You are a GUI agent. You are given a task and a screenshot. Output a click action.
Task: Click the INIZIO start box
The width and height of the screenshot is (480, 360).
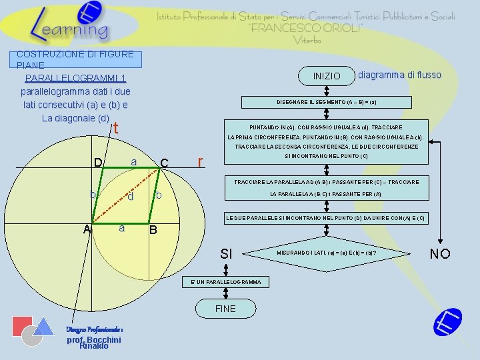click(x=327, y=77)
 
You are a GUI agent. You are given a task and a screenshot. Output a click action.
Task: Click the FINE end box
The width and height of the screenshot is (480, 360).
click(x=225, y=309)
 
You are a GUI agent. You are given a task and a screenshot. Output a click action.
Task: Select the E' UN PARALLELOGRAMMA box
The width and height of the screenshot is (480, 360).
click(x=225, y=282)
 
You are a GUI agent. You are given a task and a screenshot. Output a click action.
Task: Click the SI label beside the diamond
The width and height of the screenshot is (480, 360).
click(x=226, y=254)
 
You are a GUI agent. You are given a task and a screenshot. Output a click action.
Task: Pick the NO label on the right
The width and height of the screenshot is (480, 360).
click(x=440, y=253)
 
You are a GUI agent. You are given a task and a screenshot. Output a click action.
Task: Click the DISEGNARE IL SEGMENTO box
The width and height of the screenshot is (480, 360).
click(x=327, y=103)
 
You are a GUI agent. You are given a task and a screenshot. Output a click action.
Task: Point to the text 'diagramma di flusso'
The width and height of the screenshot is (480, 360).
click(x=399, y=75)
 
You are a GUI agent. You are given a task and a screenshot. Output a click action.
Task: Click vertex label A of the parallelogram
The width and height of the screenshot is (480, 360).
click(x=87, y=229)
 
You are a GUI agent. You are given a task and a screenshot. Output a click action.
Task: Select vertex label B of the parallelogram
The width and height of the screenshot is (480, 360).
click(x=153, y=231)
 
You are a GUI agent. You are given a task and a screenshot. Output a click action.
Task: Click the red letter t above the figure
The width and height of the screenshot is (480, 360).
click(x=116, y=128)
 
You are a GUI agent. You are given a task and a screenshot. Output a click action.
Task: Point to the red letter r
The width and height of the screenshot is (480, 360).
click(x=201, y=161)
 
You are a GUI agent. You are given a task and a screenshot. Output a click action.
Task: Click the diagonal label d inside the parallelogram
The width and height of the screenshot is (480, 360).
click(x=131, y=197)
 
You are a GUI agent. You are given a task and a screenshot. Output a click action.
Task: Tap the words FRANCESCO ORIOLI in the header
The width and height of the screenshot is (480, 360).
click(x=306, y=29)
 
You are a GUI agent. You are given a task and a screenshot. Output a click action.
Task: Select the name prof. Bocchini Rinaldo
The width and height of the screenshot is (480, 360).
click(x=93, y=342)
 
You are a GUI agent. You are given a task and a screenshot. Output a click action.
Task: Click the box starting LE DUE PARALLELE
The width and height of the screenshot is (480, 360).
click(x=327, y=219)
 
